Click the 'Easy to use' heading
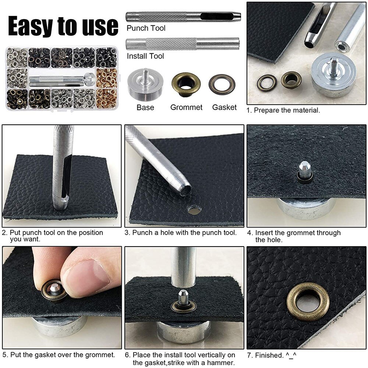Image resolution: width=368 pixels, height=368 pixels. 63,26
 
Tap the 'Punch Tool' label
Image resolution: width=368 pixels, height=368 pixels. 146,28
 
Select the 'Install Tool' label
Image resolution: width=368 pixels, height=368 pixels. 145,56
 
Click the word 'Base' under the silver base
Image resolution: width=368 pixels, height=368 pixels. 145,107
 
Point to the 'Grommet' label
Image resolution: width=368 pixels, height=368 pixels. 186,107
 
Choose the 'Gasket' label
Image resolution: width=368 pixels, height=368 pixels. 224,107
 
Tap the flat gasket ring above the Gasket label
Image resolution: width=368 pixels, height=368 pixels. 222,85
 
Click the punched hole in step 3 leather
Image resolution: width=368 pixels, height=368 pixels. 194,210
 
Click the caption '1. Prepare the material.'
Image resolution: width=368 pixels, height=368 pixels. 283,110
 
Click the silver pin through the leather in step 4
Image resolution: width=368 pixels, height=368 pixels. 304,169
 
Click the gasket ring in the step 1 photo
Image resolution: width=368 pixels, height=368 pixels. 266,82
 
